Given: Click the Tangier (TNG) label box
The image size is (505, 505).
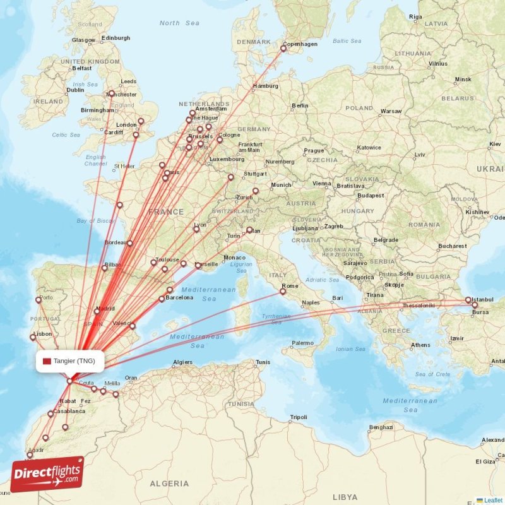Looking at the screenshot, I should (x=69, y=361).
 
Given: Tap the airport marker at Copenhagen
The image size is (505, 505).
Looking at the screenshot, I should (x=283, y=49).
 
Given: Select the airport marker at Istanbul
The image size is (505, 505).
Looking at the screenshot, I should (x=468, y=300).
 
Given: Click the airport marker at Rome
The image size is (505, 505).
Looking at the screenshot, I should (x=283, y=292).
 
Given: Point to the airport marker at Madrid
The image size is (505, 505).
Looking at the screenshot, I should (x=97, y=311).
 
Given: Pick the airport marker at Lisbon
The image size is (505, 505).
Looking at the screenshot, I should (x=33, y=338).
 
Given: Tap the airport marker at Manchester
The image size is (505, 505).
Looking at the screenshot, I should (x=112, y=93).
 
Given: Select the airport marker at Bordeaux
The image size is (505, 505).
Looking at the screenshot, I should (x=130, y=243).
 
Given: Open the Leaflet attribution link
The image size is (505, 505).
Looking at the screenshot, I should (x=493, y=500).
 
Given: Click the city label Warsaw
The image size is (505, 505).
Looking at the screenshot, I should (x=391, y=111).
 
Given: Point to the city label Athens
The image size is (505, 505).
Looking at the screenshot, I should (x=420, y=345).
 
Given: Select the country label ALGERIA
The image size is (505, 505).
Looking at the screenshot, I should (x=169, y=484).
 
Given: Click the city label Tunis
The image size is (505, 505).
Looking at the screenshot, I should (x=263, y=362).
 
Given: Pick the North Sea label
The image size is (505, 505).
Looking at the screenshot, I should (x=179, y=23).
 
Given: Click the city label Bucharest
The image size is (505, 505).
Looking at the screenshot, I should (x=452, y=246).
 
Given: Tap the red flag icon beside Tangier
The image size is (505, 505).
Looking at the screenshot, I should (x=47, y=361).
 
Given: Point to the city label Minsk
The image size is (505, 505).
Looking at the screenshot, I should (x=463, y=80).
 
